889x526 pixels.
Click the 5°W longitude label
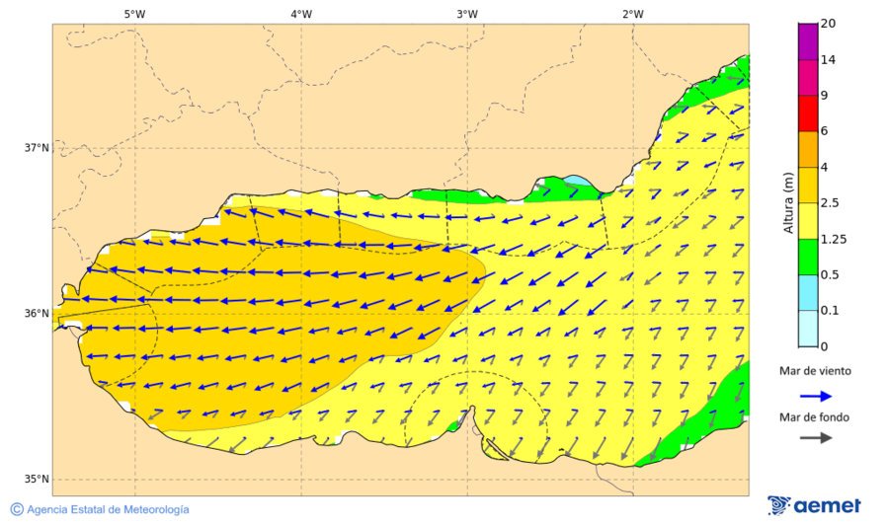[x=135, y=14]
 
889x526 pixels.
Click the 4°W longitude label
[x=301, y=14]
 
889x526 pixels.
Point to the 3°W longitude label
[x=467, y=14]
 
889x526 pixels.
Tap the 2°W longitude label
[x=633, y=14]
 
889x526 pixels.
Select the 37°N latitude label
[x=37, y=148]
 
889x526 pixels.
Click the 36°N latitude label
[x=37, y=314]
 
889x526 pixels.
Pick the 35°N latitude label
[x=37, y=480]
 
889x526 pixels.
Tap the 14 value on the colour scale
[x=829, y=60]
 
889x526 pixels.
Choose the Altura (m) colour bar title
[x=788, y=203]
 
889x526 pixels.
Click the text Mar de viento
[x=815, y=371]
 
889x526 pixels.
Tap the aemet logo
[x=815, y=505]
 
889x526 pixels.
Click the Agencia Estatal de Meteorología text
[x=108, y=509]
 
